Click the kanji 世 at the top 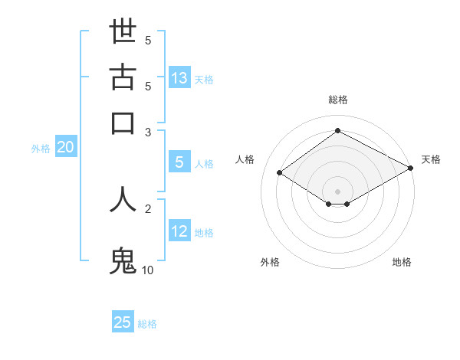[x=123, y=32]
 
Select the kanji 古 [x=123, y=77]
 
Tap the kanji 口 [x=123, y=123]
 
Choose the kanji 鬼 [x=123, y=260]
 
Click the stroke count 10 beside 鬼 [x=148, y=270]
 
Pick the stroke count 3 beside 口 [x=148, y=132]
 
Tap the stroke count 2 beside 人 [x=148, y=208]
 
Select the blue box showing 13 [x=179, y=78]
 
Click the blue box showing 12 [x=179, y=231]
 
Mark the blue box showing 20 [x=65, y=148]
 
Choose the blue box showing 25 [x=123, y=322]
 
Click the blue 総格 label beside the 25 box [x=147, y=324]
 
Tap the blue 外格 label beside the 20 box [x=41, y=149]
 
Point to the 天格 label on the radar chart [x=431, y=159]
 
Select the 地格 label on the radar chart [x=402, y=262]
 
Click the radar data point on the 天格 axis [x=411, y=168]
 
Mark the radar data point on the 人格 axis [x=280, y=173]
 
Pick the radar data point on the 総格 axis [x=337, y=131]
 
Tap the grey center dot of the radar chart [x=337, y=191]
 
